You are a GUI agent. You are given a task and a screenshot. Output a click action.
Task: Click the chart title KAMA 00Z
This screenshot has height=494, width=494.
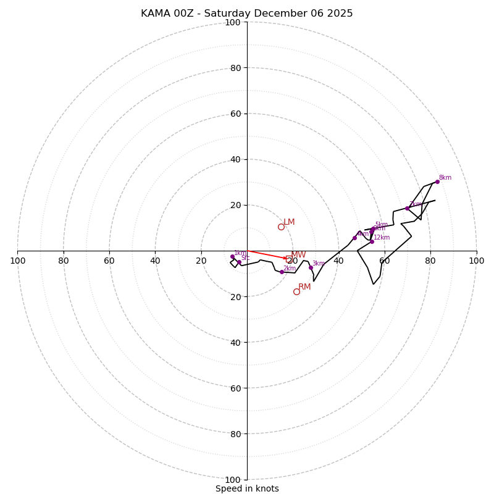(247, 14)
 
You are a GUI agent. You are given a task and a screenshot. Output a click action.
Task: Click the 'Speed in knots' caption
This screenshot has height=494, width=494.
(247, 488)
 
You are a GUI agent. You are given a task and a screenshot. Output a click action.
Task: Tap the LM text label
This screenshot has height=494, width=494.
(289, 222)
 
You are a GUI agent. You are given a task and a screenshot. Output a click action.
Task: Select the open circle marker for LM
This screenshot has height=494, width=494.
(281, 227)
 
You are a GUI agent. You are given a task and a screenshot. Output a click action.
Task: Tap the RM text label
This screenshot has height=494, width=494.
(304, 287)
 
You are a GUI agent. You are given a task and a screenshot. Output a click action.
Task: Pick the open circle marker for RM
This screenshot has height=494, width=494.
(296, 291)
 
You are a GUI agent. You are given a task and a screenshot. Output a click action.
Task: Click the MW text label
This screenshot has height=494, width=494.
(299, 255)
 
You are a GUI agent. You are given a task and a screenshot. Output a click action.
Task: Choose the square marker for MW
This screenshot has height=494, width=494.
(289, 259)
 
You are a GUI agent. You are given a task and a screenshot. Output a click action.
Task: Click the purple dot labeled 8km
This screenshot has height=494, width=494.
(437, 182)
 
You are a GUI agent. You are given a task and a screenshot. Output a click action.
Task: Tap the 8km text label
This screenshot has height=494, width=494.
(445, 178)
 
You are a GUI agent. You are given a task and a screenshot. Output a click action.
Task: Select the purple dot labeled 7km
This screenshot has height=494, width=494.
(407, 208)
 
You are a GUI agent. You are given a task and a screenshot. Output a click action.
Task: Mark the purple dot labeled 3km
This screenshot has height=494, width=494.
(311, 267)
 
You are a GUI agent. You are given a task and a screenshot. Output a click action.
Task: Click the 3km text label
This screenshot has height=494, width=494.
(319, 264)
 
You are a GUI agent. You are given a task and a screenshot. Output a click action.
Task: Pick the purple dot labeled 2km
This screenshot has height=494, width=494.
(282, 272)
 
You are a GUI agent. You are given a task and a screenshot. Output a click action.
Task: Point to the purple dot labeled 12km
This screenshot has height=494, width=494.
(372, 241)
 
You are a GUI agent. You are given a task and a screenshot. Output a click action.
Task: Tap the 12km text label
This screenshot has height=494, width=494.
(382, 238)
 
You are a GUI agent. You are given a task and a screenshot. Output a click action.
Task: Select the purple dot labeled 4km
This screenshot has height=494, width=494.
(354, 238)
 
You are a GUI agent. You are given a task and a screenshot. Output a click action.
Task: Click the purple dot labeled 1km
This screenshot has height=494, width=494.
(232, 256)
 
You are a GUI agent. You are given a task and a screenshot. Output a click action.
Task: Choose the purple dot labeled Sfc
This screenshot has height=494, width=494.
(239, 262)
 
